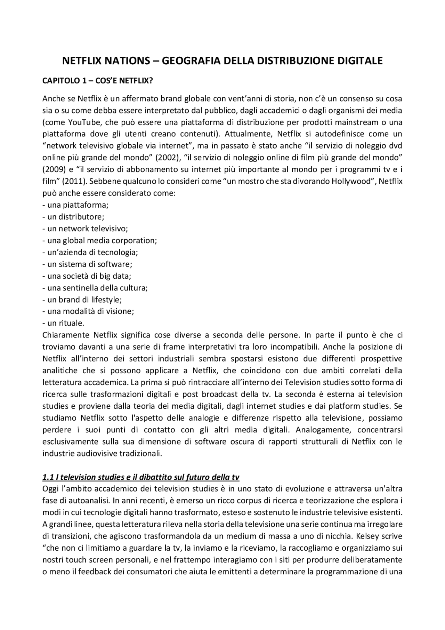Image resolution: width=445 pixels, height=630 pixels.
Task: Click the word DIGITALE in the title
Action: coord(360,61)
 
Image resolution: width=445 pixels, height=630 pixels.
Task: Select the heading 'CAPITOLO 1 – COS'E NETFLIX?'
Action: coord(98,81)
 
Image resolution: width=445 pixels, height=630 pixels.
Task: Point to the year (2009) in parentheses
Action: coord(53,169)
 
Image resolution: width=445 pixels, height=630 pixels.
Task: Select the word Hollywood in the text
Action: coord(352,181)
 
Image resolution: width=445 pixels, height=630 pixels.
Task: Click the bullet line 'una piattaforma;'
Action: coord(75,205)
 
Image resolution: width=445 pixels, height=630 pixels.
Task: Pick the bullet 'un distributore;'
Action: coord(73,217)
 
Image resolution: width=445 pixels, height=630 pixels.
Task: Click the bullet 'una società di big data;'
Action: coord(87,276)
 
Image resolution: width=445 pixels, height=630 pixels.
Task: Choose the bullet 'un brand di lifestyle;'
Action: coord(82,300)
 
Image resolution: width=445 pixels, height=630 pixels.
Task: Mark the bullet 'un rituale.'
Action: coord(63,323)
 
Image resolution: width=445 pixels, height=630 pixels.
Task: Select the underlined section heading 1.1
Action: coord(141,477)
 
